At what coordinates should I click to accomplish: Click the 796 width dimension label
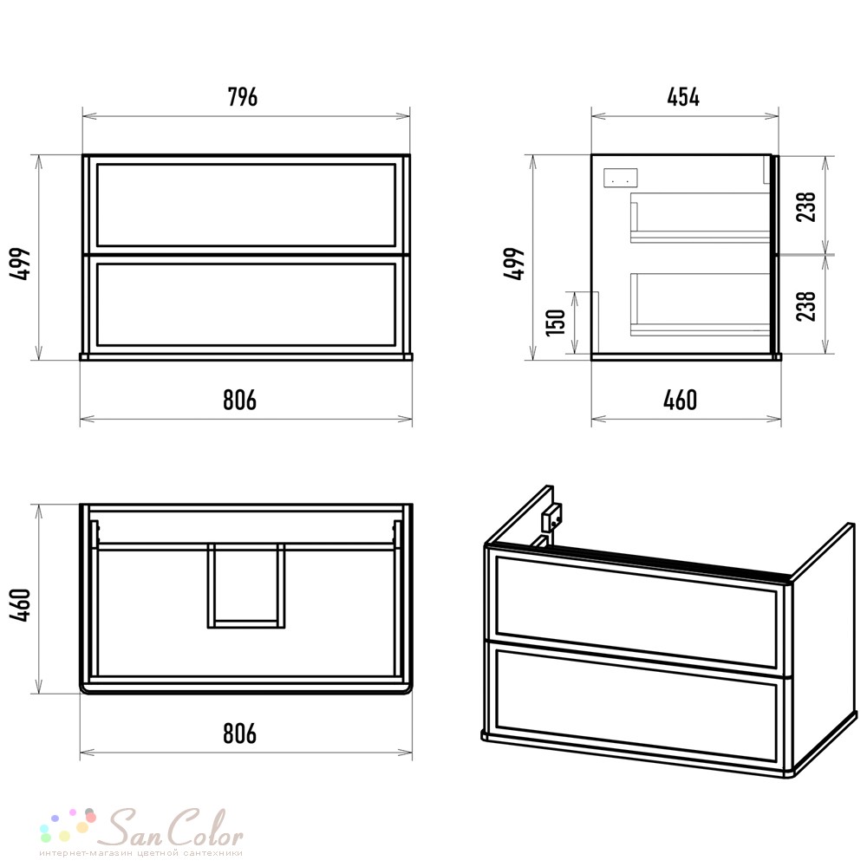point(243,97)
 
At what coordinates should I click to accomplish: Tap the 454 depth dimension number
point(683,97)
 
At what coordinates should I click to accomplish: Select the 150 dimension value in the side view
point(557,323)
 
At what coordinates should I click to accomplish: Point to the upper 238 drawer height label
point(806,207)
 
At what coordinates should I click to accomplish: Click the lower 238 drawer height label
point(806,306)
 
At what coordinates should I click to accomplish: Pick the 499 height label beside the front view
point(21,264)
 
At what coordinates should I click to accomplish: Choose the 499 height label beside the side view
point(514,264)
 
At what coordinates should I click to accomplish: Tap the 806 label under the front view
point(239,400)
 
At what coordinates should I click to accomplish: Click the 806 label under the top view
point(239,733)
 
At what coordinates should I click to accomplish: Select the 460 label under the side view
point(680,400)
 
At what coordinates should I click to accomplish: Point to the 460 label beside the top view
point(21,605)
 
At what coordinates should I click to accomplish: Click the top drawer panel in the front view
point(246,205)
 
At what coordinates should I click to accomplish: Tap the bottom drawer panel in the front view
point(246,304)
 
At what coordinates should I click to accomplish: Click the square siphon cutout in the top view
point(246,586)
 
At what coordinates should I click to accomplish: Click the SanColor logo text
point(175,828)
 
